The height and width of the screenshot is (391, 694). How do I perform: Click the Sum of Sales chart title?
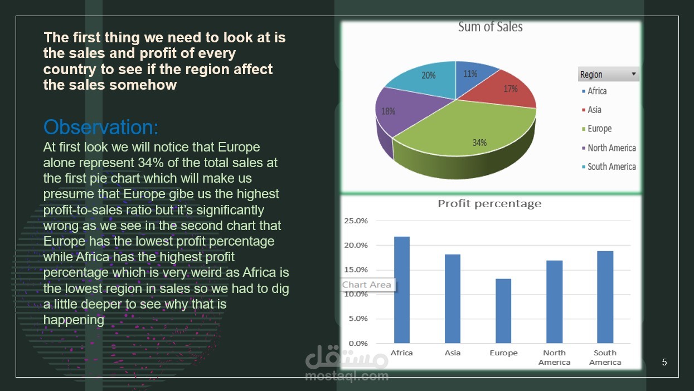pyautogui.click(x=491, y=27)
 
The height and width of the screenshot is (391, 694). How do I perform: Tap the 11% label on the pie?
pyautogui.click(x=470, y=74)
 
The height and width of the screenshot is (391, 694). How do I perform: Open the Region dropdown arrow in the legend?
pyautogui.click(x=634, y=74)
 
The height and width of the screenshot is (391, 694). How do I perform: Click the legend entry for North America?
pyautogui.click(x=609, y=148)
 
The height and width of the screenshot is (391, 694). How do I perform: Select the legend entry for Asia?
pyautogui.click(x=591, y=110)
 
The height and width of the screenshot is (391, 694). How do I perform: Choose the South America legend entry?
pyautogui.click(x=609, y=167)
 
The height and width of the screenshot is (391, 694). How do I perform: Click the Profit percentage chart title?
pyautogui.click(x=489, y=204)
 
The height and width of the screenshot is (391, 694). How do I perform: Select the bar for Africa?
pyautogui.click(x=402, y=290)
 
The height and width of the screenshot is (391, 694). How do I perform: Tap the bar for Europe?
pyautogui.click(x=503, y=311)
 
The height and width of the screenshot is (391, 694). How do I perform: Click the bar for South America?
pyautogui.click(x=605, y=297)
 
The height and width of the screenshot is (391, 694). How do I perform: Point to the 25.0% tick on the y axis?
pyautogui.click(x=356, y=221)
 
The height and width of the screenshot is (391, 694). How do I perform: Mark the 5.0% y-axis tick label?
pyautogui.click(x=358, y=319)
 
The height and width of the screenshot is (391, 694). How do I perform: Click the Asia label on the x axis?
pyautogui.click(x=453, y=353)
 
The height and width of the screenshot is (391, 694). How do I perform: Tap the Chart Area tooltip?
pyautogui.click(x=367, y=285)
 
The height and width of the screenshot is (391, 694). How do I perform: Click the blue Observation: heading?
pyautogui.click(x=101, y=127)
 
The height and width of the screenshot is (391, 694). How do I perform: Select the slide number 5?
pyautogui.click(x=664, y=362)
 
